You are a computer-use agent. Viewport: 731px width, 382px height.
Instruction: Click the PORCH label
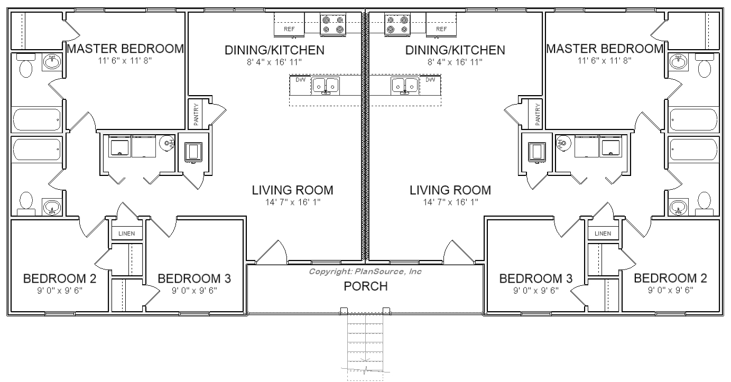(x=366, y=286)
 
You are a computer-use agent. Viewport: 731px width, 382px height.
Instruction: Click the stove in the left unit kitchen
(x=332, y=25)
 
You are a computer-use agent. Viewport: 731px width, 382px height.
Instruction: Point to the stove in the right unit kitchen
(x=397, y=25)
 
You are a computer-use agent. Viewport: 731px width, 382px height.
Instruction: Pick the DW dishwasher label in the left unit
(x=300, y=80)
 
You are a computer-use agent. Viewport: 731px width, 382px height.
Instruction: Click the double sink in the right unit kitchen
(x=405, y=86)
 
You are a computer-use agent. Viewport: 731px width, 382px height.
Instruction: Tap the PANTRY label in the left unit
(x=196, y=115)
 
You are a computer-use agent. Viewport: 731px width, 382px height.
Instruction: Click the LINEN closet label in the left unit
(x=127, y=233)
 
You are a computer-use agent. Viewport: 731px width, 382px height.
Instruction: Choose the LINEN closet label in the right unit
(x=603, y=233)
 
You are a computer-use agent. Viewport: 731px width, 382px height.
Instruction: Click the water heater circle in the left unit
(x=166, y=143)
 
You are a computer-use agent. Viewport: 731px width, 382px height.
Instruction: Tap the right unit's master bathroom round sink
(x=678, y=62)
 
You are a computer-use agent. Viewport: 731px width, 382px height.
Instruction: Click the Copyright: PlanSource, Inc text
(x=365, y=272)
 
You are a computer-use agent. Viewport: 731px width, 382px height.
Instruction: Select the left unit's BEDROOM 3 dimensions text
(x=194, y=291)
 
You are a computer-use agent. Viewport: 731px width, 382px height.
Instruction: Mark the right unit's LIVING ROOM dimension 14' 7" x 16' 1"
(x=450, y=202)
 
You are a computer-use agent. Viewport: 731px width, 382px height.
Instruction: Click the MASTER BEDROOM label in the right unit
(x=605, y=49)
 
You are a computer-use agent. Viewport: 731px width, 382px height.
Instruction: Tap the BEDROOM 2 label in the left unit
(x=60, y=278)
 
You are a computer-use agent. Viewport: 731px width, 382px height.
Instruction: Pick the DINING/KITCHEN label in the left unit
(x=274, y=50)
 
